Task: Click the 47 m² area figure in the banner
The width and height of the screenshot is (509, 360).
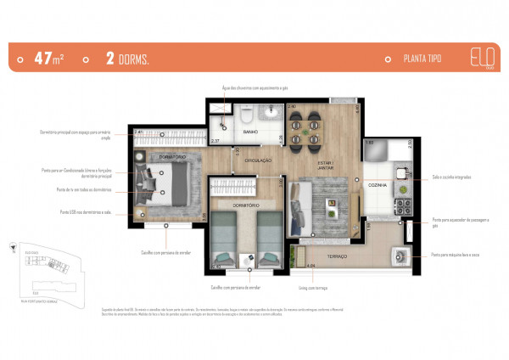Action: click(x=49, y=59)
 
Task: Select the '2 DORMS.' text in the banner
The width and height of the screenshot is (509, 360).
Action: click(x=127, y=59)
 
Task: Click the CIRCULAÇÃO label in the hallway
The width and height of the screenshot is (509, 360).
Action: click(x=259, y=160)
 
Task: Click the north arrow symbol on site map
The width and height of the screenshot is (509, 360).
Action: click(x=13, y=249)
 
